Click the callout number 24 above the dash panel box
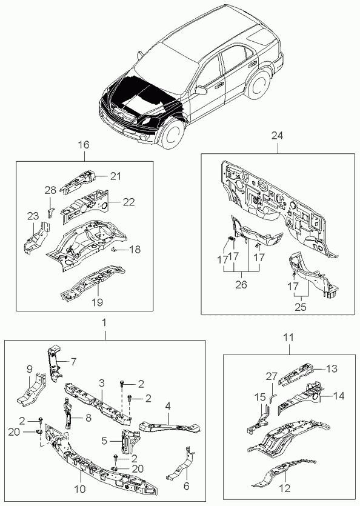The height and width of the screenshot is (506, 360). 277,136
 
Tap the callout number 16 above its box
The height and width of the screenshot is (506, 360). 83,145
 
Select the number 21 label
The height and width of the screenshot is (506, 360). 115,176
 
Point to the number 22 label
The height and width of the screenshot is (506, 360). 128,202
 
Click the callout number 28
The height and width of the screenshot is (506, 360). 51,190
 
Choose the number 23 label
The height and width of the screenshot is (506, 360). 33,216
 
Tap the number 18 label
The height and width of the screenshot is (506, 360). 135,250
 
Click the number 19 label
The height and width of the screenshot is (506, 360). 97,302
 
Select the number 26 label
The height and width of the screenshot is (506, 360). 241,285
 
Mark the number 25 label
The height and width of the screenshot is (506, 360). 300,307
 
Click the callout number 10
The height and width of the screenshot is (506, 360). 80,489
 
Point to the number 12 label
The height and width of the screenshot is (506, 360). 284,488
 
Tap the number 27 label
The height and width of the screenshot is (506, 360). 272,376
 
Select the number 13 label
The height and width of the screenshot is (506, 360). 332,368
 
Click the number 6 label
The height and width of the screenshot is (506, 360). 186,485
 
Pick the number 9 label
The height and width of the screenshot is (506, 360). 30,369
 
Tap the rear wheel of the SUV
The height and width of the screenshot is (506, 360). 258,85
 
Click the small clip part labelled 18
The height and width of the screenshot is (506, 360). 114,249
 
